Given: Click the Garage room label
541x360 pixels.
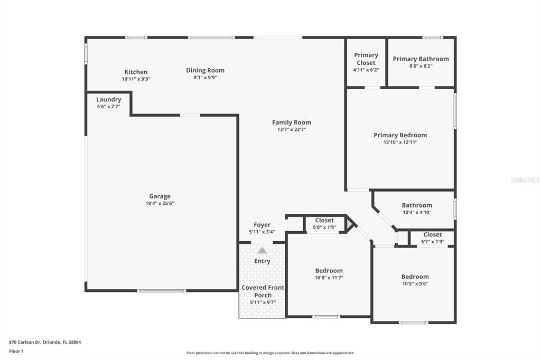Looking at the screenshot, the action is click(160, 196).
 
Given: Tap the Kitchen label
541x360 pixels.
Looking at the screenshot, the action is click(136, 72).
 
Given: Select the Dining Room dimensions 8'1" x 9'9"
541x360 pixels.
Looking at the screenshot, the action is click(206, 78).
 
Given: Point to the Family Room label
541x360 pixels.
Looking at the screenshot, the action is click(292, 122).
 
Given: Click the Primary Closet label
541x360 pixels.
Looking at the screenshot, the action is click(366, 59).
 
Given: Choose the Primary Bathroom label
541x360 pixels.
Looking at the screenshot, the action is click(421, 59).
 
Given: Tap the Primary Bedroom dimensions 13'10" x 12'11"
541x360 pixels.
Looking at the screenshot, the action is click(400, 142).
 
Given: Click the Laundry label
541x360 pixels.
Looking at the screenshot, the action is click(109, 99).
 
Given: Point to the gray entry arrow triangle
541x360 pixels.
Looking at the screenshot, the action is click(262, 250).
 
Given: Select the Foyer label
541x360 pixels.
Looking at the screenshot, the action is click(262, 225).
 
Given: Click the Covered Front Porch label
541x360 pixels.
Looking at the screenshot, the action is click(263, 291).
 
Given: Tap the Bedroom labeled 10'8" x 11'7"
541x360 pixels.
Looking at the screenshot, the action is click(329, 271).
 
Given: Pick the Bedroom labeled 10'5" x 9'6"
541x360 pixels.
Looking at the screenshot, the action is click(415, 277).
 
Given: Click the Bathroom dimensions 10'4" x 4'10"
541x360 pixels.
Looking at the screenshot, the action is click(417, 212).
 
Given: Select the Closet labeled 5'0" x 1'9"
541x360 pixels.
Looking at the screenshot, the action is click(324, 220).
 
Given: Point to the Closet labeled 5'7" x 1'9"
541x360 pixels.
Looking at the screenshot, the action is click(433, 234).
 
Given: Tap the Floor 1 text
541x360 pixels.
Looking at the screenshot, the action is click(16, 351).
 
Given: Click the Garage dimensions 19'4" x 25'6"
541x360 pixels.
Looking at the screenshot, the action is click(160, 203).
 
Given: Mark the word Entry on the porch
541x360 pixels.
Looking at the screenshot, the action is click(262, 261).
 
